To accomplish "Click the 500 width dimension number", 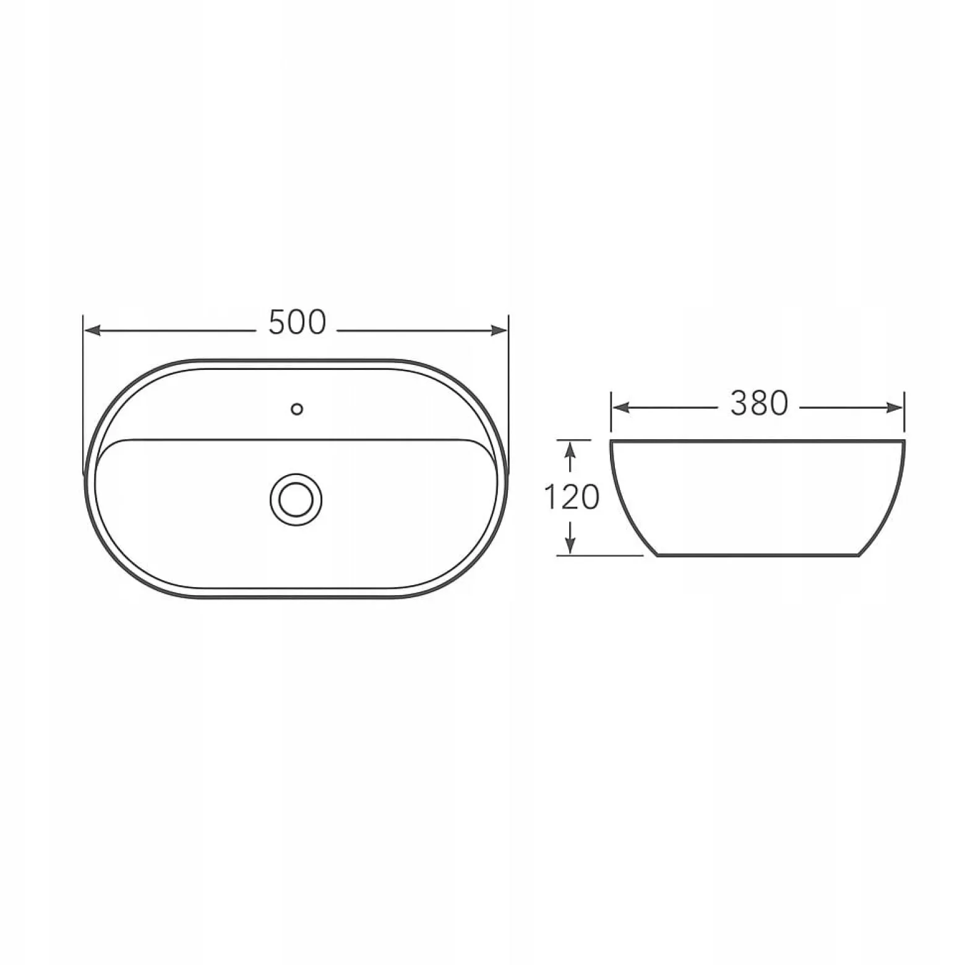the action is point(297,322).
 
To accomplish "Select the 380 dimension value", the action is point(759,404).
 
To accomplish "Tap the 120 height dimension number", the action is point(571,497).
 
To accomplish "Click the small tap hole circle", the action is point(297,409).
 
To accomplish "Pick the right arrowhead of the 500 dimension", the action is point(499,330).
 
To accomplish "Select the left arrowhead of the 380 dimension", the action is point(620,408).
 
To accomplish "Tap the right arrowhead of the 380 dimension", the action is point(894,408).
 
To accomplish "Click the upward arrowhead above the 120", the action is point(570,449).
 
